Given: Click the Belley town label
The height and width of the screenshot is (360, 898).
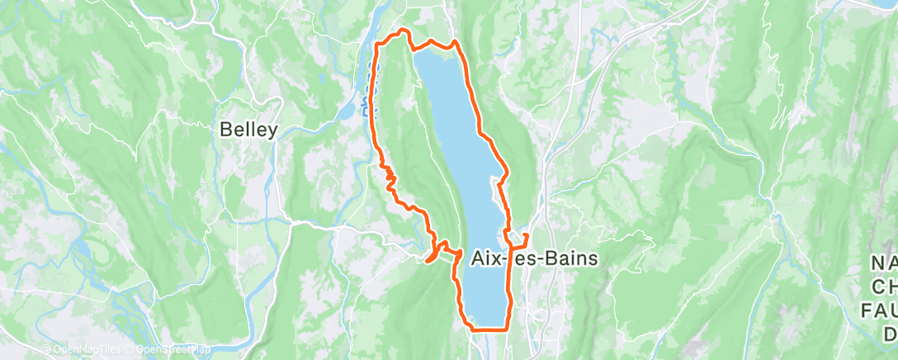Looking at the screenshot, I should tap(248, 130).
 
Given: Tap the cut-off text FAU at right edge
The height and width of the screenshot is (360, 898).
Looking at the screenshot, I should tap(880, 310).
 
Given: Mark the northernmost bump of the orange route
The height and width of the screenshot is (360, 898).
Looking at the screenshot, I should tap(404, 31).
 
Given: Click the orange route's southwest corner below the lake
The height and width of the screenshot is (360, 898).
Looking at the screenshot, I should tap(473, 328).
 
